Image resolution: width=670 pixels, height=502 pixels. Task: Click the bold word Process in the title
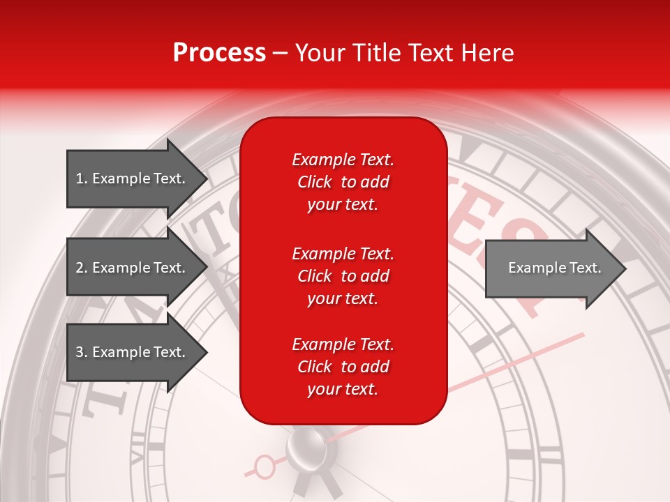[x=219, y=53]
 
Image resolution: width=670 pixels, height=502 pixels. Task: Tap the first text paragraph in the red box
[x=343, y=182]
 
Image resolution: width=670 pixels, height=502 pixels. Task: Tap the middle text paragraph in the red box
[x=343, y=276]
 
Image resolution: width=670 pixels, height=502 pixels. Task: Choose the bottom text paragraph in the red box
[x=343, y=367]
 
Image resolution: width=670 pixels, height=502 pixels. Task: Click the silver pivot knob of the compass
[x=306, y=446]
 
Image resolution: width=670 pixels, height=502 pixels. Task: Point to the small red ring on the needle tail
[x=265, y=465]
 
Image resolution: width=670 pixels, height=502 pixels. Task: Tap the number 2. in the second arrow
[x=82, y=268]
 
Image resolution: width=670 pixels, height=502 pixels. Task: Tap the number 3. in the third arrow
[x=82, y=352]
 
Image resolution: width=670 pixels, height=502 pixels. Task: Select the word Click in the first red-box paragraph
[x=315, y=182]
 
